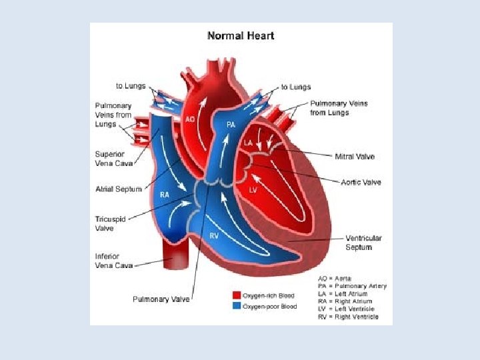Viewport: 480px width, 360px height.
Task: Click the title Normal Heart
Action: coord(241,35)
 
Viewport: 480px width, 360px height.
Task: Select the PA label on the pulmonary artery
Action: coord(231,124)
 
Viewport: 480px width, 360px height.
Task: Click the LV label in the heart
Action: coord(253,190)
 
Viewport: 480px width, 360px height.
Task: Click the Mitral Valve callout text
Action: coord(354,157)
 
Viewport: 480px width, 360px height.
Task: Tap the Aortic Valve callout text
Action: coord(361,182)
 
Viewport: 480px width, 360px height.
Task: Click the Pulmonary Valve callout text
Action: coord(161,299)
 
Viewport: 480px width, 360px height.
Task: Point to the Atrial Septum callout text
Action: coord(119,189)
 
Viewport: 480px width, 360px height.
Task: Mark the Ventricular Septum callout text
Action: coord(363,243)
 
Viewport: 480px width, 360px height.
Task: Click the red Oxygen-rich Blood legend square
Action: coord(236,295)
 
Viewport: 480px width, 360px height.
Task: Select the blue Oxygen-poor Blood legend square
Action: coord(236,306)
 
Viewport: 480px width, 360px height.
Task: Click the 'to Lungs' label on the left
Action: coord(131,87)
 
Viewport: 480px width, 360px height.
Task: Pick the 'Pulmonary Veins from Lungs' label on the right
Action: coord(339,108)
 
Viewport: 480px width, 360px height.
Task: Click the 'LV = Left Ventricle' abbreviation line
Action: coord(346,309)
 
